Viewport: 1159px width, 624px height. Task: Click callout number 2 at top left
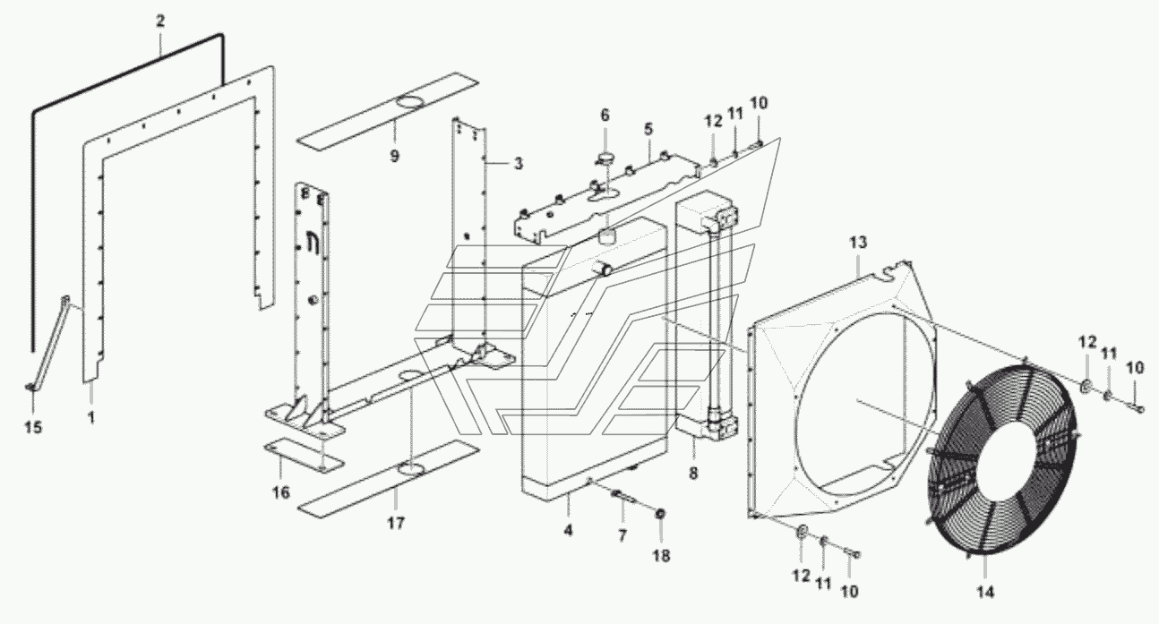coord(160,21)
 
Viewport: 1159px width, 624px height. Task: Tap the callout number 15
coord(33,428)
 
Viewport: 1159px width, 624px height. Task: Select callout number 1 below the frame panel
coord(91,417)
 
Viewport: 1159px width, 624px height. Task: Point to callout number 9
coord(394,155)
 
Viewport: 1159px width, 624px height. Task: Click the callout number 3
coord(518,164)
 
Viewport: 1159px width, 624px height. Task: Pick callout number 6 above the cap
coord(605,115)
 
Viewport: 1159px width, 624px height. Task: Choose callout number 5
coord(648,129)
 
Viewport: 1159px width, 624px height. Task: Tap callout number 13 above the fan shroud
coord(858,242)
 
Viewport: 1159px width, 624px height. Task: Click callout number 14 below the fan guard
coord(985,592)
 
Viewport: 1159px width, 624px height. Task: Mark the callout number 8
coord(693,473)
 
